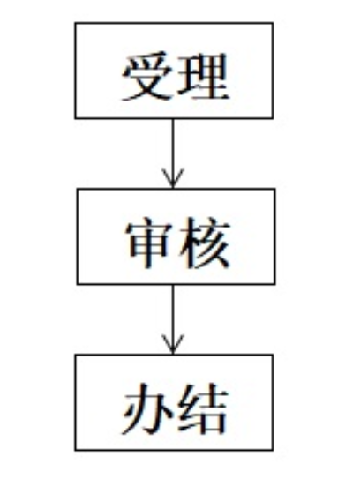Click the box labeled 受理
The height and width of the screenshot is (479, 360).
[x=174, y=71]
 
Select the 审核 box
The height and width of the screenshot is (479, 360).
[x=176, y=236]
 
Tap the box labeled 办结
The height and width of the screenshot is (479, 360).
[x=174, y=402]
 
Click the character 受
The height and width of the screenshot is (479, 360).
[x=147, y=76]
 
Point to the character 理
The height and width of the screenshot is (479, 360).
[x=203, y=76]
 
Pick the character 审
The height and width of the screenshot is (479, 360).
[x=148, y=243]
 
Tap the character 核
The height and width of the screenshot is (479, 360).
[x=204, y=243]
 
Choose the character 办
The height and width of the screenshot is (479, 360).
[x=146, y=409]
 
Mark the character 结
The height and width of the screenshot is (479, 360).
[x=202, y=409]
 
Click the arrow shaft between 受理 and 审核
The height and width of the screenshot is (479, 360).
[x=173, y=153]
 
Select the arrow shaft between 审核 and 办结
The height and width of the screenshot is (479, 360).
[x=173, y=319]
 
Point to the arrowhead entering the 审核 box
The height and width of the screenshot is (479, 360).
[x=173, y=178]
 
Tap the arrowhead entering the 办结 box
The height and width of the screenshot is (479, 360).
[x=173, y=344]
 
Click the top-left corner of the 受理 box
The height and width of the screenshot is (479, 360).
[x=75, y=23]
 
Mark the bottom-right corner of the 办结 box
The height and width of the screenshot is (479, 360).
[x=273, y=450]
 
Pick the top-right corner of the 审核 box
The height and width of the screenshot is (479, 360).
[x=274, y=189]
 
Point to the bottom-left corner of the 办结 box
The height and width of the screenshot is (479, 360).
[x=75, y=450]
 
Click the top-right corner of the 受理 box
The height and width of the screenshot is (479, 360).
[x=273, y=23]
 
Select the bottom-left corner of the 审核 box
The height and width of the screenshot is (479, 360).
[x=78, y=284]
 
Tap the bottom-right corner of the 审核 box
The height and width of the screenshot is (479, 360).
[x=274, y=284]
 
